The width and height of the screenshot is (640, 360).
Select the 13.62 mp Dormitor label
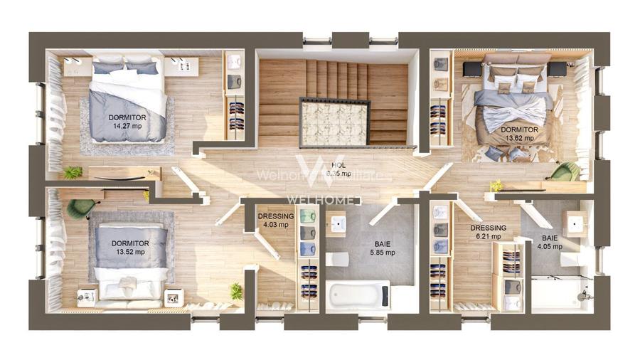pos(518,134)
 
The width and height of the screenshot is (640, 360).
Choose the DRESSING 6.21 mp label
pos(488,233)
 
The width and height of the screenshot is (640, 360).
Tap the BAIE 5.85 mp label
pos(382,248)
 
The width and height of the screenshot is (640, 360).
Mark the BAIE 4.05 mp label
pos(550,243)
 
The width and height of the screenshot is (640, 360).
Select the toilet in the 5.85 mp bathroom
pos(338,258)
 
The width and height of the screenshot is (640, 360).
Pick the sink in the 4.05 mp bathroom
pos(574,223)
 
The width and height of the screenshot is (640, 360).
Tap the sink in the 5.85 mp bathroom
pos(338,225)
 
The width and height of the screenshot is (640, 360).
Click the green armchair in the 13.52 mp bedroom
pos(80,207)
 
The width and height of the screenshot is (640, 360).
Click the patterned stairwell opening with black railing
pos(334,122)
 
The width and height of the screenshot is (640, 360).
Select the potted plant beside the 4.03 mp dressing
pos(235,291)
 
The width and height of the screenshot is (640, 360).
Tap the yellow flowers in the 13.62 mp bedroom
pos(496,186)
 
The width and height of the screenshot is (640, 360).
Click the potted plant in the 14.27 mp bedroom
pos(72,172)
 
